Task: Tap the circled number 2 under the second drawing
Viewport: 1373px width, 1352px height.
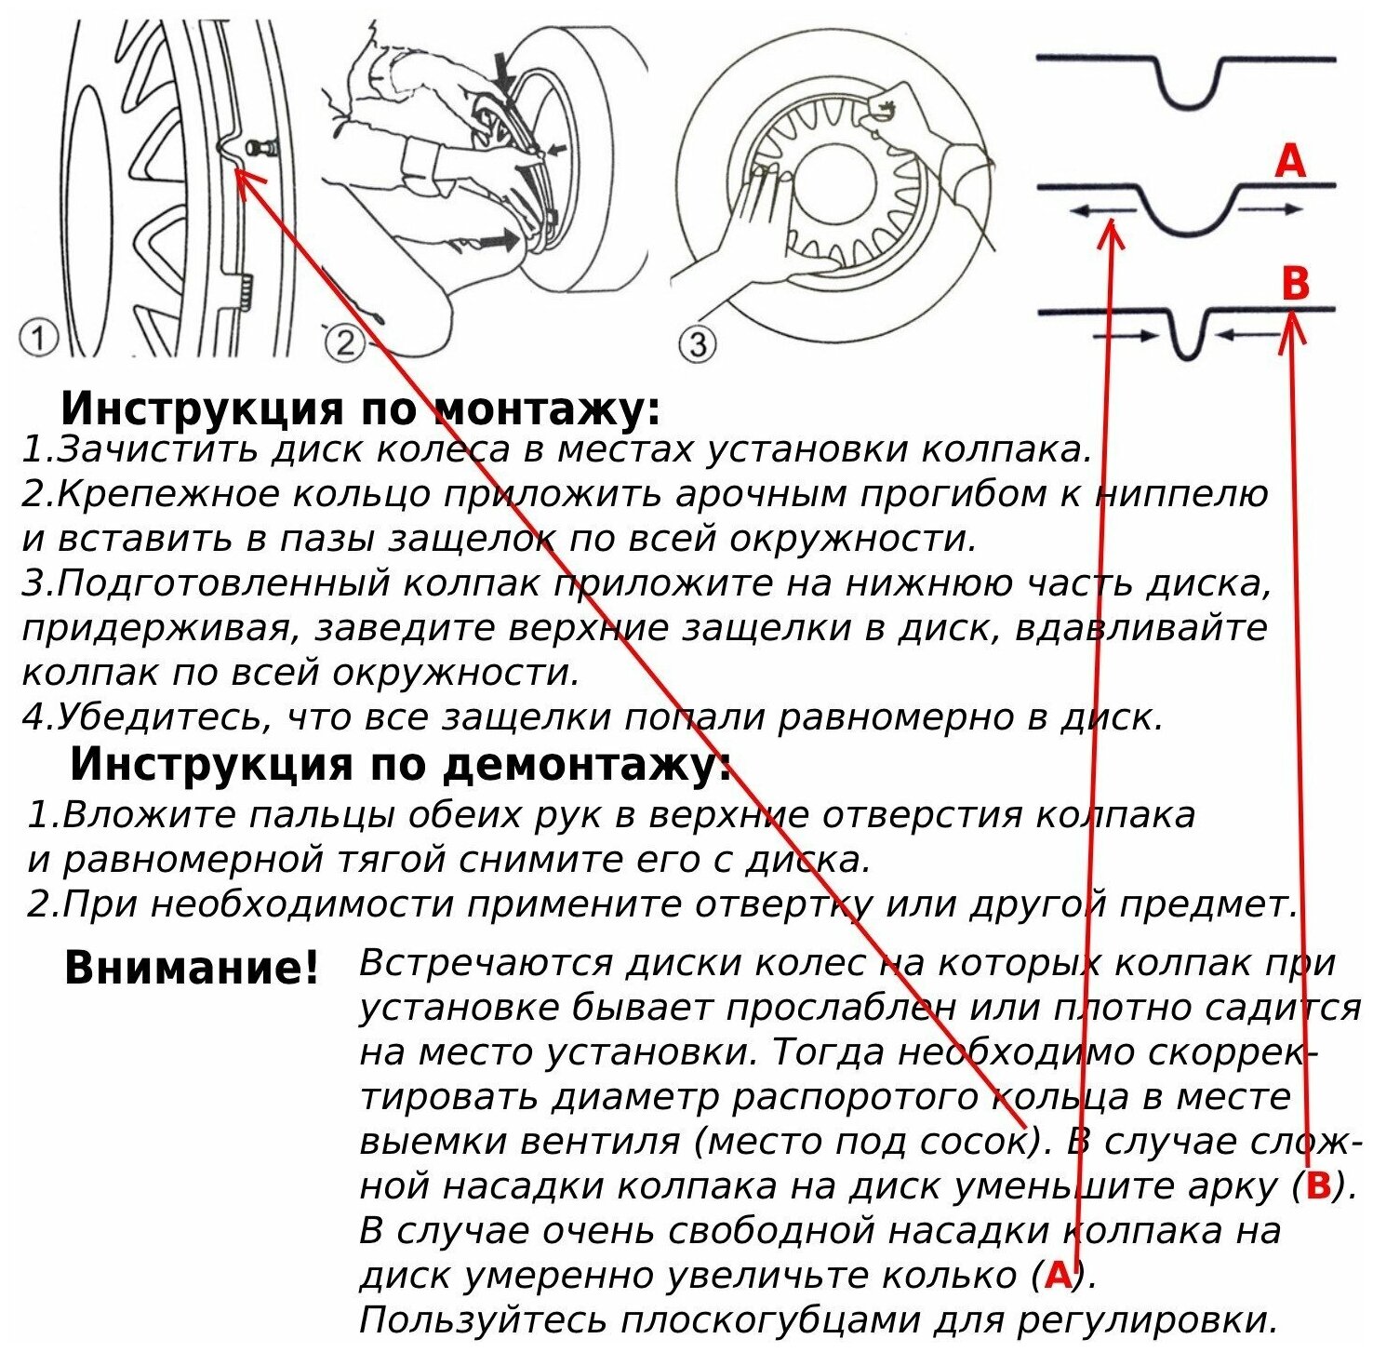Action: [345, 344]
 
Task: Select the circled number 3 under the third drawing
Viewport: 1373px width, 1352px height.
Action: [698, 345]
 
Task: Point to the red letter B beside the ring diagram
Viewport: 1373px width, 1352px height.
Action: [1295, 282]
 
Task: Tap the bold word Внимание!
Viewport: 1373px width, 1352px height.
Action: [192, 968]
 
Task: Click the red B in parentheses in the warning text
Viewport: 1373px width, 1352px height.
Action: [1318, 1185]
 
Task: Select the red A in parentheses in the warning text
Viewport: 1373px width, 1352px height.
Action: [1058, 1275]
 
